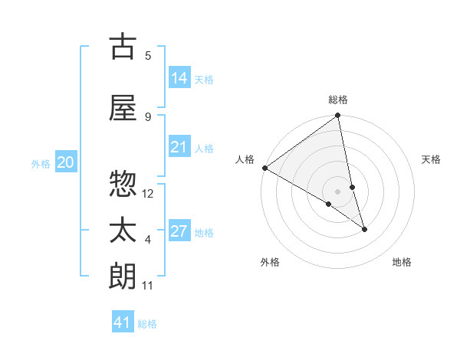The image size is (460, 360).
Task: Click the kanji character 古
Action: click(x=123, y=47)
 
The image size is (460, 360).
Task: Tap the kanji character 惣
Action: click(x=123, y=184)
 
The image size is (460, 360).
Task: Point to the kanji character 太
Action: click(x=123, y=231)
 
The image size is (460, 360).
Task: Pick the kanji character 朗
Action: click(x=123, y=277)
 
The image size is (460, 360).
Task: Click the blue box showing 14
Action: click(x=179, y=78)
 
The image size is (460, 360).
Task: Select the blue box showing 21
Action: click(x=179, y=147)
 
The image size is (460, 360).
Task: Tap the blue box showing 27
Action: click(x=179, y=231)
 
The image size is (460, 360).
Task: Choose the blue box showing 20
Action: click(x=66, y=162)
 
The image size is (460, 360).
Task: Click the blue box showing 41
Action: click(x=123, y=322)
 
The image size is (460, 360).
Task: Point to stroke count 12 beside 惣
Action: click(x=148, y=193)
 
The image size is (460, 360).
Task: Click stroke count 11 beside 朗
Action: click(x=148, y=286)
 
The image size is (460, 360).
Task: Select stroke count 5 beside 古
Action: click(x=148, y=55)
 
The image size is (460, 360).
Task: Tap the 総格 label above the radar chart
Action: click(x=338, y=100)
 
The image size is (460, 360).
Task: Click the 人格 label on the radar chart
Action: click(x=245, y=159)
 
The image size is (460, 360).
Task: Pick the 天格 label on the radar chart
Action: click(x=432, y=159)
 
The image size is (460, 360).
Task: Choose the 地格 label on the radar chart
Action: click(x=402, y=262)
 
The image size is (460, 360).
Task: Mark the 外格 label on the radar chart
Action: click(x=270, y=262)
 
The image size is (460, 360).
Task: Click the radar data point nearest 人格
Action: click(x=264, y=168)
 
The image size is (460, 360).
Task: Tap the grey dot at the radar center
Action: click(x=338, y=191)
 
